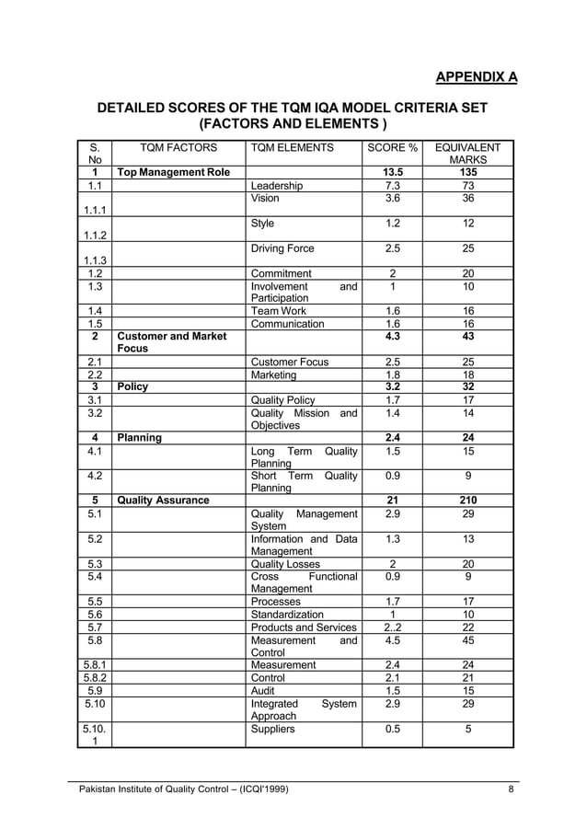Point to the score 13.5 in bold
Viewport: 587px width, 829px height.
(392, 172)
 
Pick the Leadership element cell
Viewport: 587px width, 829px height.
(276, 186)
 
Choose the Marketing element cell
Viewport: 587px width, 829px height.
(273, 374)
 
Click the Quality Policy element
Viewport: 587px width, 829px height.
(282, 400)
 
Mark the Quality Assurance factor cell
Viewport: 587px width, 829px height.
(162, 501)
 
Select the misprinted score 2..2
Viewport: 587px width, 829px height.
(392, 628)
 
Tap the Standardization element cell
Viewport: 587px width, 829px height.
(287, 614)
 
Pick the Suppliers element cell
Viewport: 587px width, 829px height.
(273, 729)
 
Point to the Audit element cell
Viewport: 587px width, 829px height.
(263, 690)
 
